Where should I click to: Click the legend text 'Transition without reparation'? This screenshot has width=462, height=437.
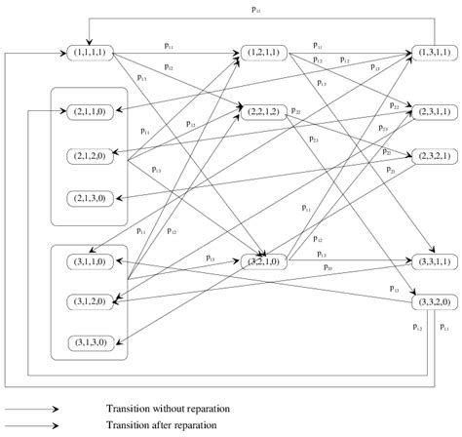(169, 410)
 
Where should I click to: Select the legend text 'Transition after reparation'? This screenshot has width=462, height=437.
(163, 426)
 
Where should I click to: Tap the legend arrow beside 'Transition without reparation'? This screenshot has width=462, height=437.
(30, 410)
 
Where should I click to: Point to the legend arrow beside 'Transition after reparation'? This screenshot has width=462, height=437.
(30, 426)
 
